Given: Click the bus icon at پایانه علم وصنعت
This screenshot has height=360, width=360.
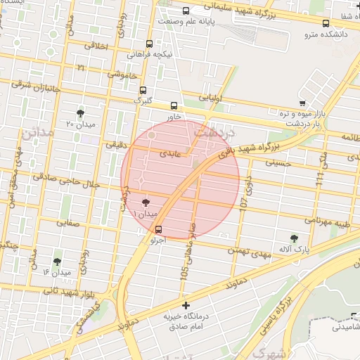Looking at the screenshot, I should pyautogui.click(x=186, y=11).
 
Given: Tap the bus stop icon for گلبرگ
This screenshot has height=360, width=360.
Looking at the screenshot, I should pyautogui.click(x=143, y=90).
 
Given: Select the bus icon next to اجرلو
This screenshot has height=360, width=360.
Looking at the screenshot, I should pyautogui.click(x=158, y=229).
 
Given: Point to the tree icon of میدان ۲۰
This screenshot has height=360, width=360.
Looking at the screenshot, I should pyautogui.click(x=80, y=112).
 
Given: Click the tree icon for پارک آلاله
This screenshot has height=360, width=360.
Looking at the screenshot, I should pyautogui.click(x=294, y=238).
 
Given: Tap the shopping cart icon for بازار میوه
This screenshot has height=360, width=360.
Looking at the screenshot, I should pyautogui.click(x=302, y=104).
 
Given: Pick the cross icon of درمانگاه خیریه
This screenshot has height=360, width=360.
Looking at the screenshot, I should pyautogui.click(x=186, y=305).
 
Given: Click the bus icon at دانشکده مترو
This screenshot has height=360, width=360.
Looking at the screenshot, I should pyautogui.click(x=325, y=23).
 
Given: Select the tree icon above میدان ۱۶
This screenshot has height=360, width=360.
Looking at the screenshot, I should pyautogui.click(x=57, y=262).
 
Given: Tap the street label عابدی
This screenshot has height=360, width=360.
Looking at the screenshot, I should pyautogui.click(x=170, y=152).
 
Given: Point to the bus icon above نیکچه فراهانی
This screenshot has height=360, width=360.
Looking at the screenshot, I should pyautogui.click(x=149, y=44).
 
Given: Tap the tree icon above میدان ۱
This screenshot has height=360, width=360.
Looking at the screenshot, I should pyautogui.click(x=146, y=202).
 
